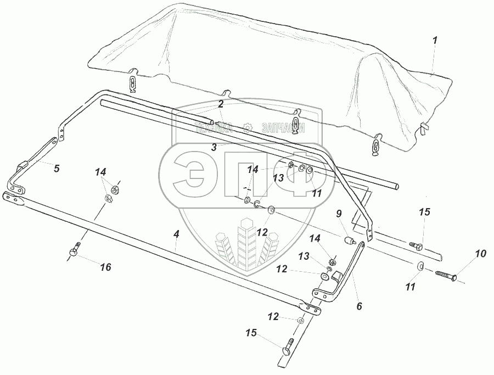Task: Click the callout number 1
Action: pos(435,40)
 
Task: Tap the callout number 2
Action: pos(221,104)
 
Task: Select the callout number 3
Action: pos(214,147)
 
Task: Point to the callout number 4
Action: pos(176,234)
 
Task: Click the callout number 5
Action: pos(57,168)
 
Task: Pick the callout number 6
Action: pos(360,306)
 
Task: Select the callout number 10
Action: pos(481,254)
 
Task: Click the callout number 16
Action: pos(105,267)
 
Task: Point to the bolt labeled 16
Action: pos(76,251)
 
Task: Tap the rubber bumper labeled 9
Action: pos(347,240)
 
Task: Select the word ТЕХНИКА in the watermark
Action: pos(213,127)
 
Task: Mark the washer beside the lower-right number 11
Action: pos(419,266)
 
